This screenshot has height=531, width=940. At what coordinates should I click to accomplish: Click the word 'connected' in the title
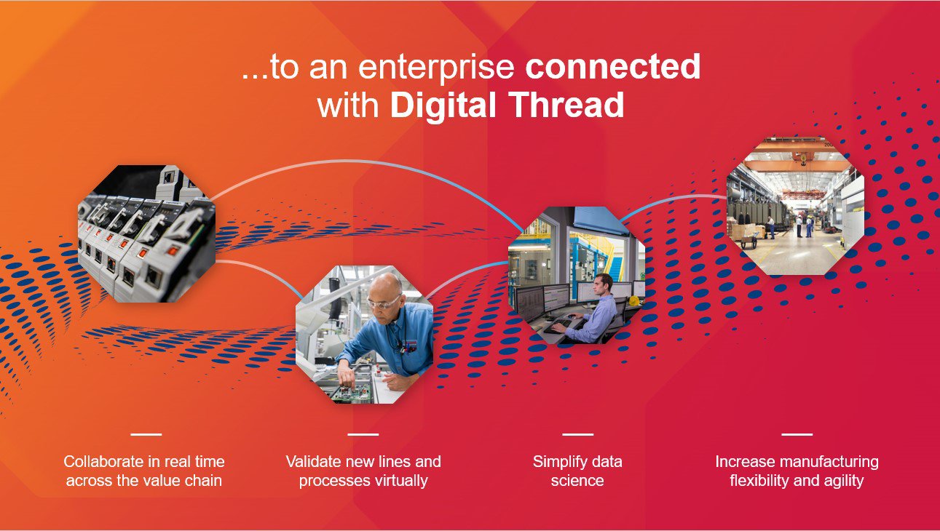612,68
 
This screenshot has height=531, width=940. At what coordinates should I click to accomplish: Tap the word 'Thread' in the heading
566,105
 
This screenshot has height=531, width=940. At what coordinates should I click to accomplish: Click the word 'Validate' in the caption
313,461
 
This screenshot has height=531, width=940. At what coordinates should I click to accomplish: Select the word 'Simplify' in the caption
561,461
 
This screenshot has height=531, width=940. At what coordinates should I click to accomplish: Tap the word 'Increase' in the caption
742,461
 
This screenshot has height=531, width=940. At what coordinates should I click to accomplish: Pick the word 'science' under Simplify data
577,481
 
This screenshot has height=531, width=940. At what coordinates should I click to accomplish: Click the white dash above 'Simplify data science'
577,434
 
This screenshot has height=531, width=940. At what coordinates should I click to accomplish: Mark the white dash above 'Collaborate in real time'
146,434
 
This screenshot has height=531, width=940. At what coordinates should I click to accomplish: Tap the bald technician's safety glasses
384,301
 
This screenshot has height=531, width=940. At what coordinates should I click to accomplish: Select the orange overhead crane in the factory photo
797,164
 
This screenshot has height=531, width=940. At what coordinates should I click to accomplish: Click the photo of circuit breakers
146,233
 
